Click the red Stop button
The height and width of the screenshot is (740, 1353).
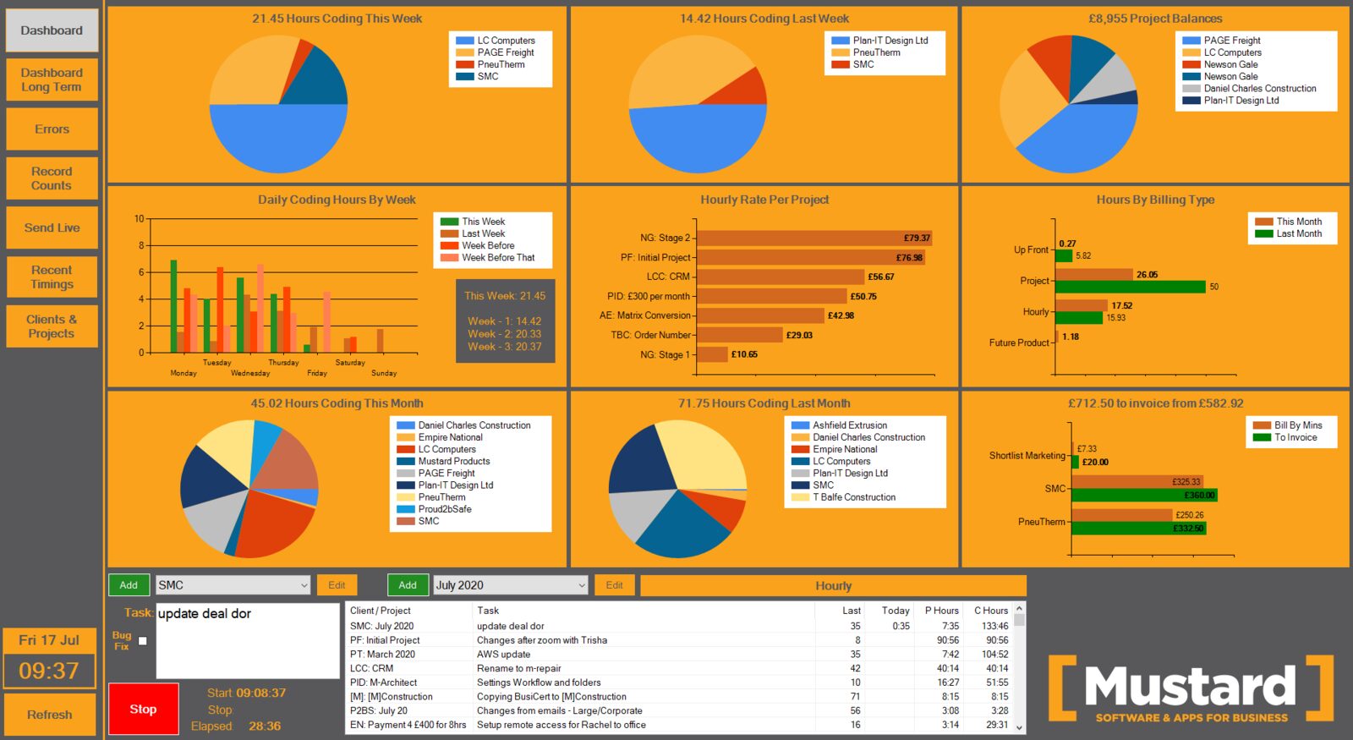pyautogui.click(x=143, y=709)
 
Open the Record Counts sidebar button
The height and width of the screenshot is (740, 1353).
pyautogui.click(x=52, y=178)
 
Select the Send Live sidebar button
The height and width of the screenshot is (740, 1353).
pyautogui.click(x=52, y=227)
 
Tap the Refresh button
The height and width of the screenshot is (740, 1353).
pyautogui.click(x=50, y=715)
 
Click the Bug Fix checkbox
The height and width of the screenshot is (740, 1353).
pyautogui.click(x=143, y=641)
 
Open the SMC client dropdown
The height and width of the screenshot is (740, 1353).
pyautogui.click(x=233, y=584)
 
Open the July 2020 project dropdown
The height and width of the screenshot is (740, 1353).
pyautogui.click(x=511, y=584)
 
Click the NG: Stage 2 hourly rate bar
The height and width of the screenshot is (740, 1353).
pyautogui.click(x=815, y=238)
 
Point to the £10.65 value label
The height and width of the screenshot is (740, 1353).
pyautogui.click(x=744, y=354)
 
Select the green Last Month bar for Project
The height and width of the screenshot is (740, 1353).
pyautogui.click(x=1130, y=287)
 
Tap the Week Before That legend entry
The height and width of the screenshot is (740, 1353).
pyautogui.click(x=487, y=257)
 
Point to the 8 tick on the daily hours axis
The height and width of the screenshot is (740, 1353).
pyautogui.click(x=141, y=245)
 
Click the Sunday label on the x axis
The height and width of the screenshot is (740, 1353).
pyautogui.click(x=384, y=373)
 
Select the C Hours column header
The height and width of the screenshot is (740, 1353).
pyautogui.click(x=990, y=611)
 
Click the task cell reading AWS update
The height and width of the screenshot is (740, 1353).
pyautogui.click(x=504, y=655)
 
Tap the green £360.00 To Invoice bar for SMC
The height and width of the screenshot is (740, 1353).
pyautogui.click(x=1144, y=496)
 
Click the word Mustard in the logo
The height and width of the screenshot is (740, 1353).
pyautogui.click(x=1190, y=686)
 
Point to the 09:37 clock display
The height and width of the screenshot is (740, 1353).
pyautogui.click(x=49, y=671)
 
